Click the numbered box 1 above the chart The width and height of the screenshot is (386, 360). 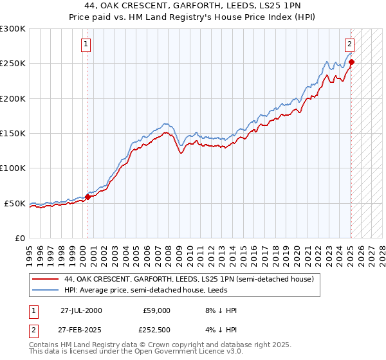point(86,44)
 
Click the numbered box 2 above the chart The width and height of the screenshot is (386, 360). point(349,44)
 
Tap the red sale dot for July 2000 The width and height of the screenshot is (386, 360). point(88,197)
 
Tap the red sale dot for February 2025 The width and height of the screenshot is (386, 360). point(352,62)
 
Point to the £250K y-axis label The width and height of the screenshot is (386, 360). point(13,64)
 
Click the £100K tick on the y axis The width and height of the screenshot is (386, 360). point(13,168)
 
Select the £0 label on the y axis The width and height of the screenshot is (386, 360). point(19,238)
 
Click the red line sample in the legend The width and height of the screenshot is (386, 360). point(46,280)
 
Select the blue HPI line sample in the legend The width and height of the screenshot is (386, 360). point(46,290)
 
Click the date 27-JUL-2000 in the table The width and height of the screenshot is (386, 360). point(81,310)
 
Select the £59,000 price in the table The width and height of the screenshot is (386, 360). point(157,310)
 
